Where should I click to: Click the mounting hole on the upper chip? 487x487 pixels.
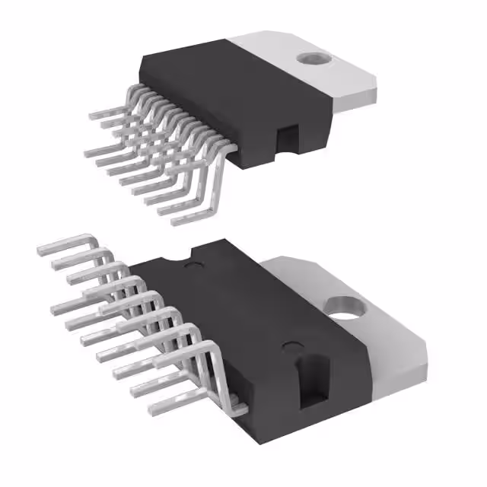311,57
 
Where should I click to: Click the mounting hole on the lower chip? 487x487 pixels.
347,305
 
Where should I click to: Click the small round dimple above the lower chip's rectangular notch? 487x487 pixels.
289,347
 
